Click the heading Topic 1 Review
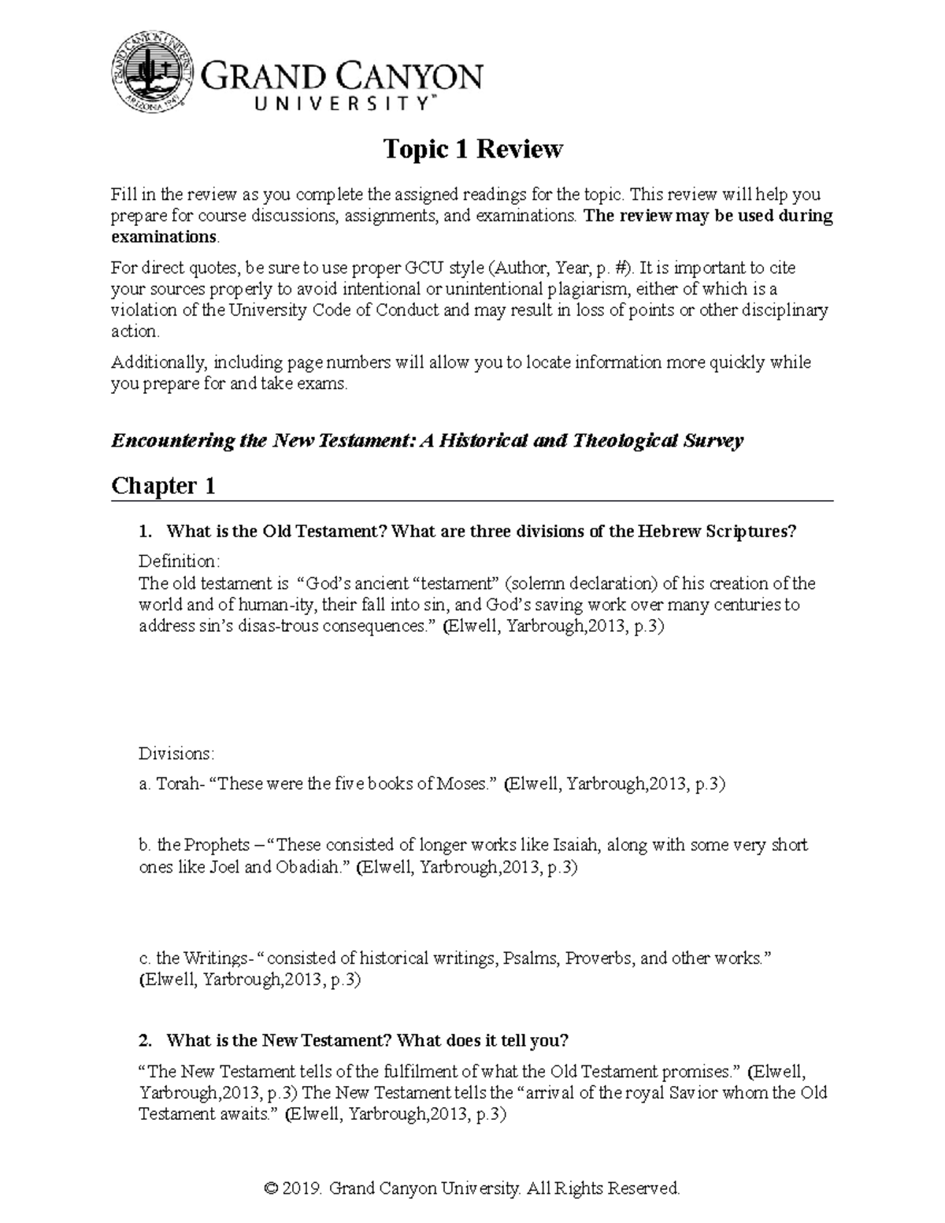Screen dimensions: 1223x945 [x=472, y=149]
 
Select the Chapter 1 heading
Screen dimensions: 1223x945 [x=163, y=486]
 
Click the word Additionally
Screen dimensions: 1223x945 [x=158, y=363]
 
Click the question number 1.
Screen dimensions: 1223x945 [x=144, y=532]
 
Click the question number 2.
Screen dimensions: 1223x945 [x=144, y=1040]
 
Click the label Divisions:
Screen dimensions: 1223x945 [x=176, y=754]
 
